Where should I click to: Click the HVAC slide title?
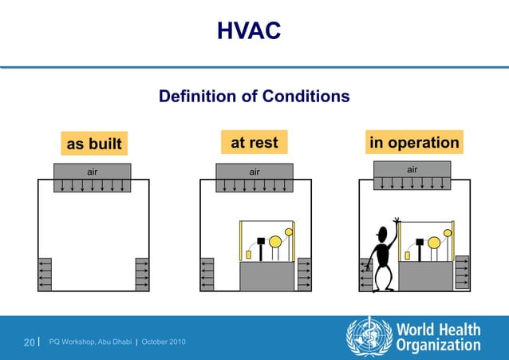(248, 31)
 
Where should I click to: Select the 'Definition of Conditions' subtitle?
(254, 97)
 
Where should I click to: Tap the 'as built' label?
(93, 144)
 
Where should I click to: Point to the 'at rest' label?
(254, 143)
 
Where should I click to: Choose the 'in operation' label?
(413, 143)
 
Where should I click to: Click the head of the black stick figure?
(382, 235)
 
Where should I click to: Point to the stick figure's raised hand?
(396, 219)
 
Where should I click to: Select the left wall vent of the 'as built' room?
(45, 274)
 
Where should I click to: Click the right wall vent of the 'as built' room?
(142, 274)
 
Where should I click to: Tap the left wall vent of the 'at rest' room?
(207, 274)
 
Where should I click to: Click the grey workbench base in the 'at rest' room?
(266, 276)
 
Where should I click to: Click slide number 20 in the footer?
(29, 342)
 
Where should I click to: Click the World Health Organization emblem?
(368, 336)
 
